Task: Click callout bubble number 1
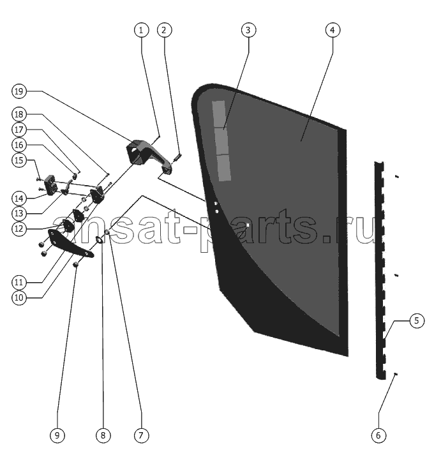[141, 30]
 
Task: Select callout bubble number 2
[165, 30]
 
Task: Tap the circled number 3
[249, 30]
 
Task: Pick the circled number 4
[333, 30]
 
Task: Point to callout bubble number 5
[417, 320]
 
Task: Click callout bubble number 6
[378, 435]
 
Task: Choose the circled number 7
[141, 435]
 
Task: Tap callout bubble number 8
[103, 435]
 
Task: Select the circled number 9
[57, 435]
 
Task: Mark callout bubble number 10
[19, 298]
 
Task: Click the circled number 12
[19, 228]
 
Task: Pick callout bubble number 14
[19, 199]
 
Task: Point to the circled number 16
[19, 145]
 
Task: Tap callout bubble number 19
[19, 91]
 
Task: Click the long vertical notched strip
[380, 269]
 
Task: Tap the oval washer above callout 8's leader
[100, 239]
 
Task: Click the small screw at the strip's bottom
[396, 373]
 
